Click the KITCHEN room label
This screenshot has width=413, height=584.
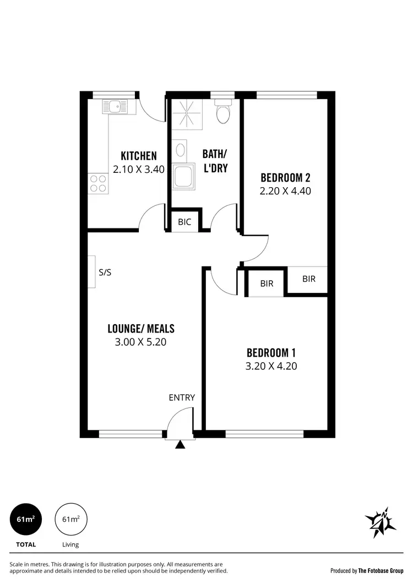tap(139, 156)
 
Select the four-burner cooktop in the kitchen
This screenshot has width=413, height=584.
tap(98, 183)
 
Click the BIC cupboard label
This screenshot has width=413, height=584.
tap(184, 222)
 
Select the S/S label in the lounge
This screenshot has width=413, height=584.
tap(106, 272)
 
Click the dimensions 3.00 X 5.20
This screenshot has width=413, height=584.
tap(140, 342)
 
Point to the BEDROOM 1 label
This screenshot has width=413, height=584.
tap(272, 352)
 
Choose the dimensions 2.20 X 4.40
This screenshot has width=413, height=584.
tap(285, 191)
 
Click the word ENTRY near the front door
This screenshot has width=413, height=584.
tap(182, 397)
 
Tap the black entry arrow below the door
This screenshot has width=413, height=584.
tap(180, 445)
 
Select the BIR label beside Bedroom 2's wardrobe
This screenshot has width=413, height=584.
tap(309, 279)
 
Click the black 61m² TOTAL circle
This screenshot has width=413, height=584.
tap(26, 519)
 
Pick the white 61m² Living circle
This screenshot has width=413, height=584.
tap(70, 519)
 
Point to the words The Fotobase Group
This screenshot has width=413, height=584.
tap(381, 571)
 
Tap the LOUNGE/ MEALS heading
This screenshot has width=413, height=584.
tap(140, 329)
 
